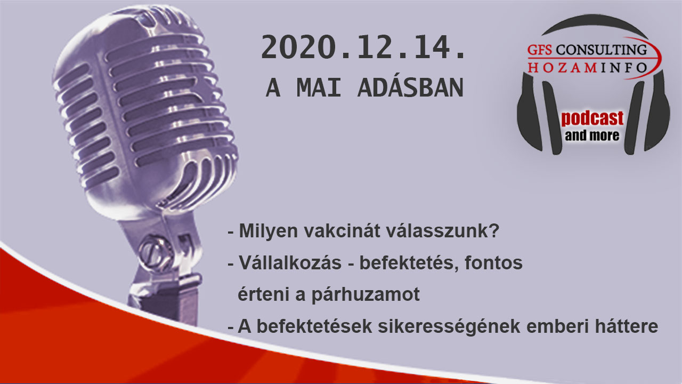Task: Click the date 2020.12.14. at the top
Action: pyautogui.click(x=363, y=47)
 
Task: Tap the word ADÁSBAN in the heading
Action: pyautogui.click(x=410, y=88)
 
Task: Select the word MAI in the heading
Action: pyautogui.click(x=319, y=88)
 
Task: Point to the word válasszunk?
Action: pyautogui.click(x=443, y=231)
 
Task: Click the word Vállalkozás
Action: pyautogui.click(x=290, y=262)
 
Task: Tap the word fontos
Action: pyautogui.click(x=493, y=263)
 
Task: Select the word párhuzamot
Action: pyautogui.click(x=366, y=295)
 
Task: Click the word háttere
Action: pyautogui.click(x=627, y=326)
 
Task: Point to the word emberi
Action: pyautogui.click(x=557, y=326)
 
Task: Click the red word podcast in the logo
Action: pyautogui.click(x=592, y=119)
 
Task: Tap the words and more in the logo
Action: pyautogui.click(x=592, y=135)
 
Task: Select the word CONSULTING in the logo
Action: pyautogui.click(x=602, y=50)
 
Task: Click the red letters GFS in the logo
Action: pyautogui.click(x=540, y=50)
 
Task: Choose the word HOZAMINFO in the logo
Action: pyautogui.click(x=587, y=68)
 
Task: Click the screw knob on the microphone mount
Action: pyautogui.click(x=155, y=252)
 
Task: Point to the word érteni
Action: pyautogui.click(x=263, y=294)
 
